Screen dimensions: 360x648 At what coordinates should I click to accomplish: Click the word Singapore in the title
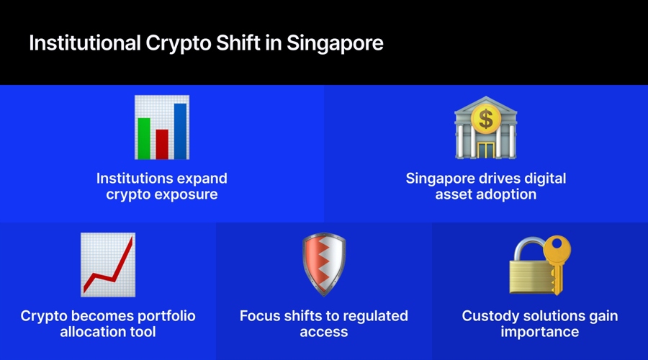[x=335, y=43]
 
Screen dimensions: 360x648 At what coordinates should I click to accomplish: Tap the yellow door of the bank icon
[x=486, y=150]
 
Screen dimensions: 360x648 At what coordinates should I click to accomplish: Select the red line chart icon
[x=107, y=264]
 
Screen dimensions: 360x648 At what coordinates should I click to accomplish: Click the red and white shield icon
[x=323, y=264]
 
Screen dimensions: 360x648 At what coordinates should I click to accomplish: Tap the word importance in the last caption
[x=539, y=332]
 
